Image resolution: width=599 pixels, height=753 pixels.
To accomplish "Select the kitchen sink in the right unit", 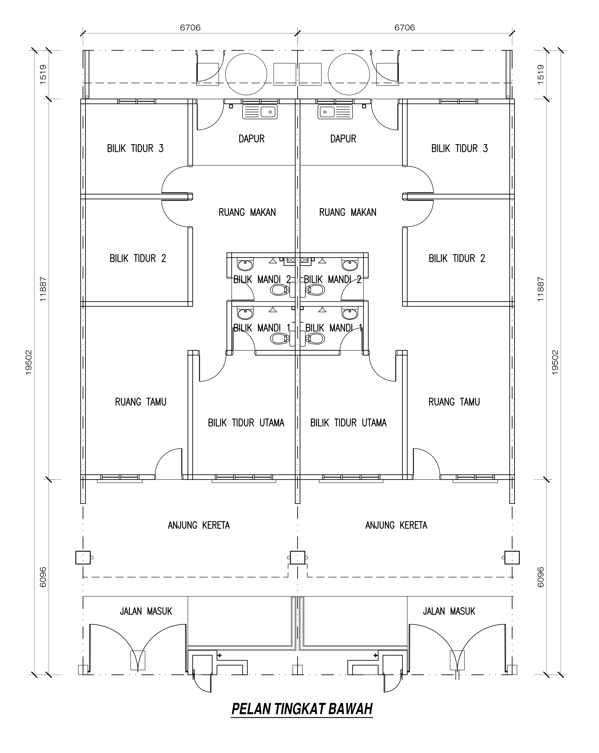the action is (x=335, y=112).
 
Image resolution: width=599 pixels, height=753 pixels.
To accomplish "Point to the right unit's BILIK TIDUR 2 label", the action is (x=457, y=259).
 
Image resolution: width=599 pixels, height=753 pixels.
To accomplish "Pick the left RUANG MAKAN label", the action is (x=247, y=212).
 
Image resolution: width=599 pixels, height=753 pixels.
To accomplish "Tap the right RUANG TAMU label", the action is (x=454, y=402).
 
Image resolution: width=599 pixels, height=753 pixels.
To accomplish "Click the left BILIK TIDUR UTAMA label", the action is (x=246, y=423).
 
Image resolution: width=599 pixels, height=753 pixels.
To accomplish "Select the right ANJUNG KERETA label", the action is (x=396, y=525).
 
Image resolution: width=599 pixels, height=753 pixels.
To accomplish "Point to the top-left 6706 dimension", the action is (x=190, y=27).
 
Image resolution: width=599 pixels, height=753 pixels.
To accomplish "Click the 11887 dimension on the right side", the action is (x=540, y=289).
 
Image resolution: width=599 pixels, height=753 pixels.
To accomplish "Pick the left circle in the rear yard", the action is (x=246, y=74).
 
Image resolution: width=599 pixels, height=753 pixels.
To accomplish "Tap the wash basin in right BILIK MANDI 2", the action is (x=350, y=265).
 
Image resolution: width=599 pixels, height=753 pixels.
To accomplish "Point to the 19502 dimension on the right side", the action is (x=555, y=363).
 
